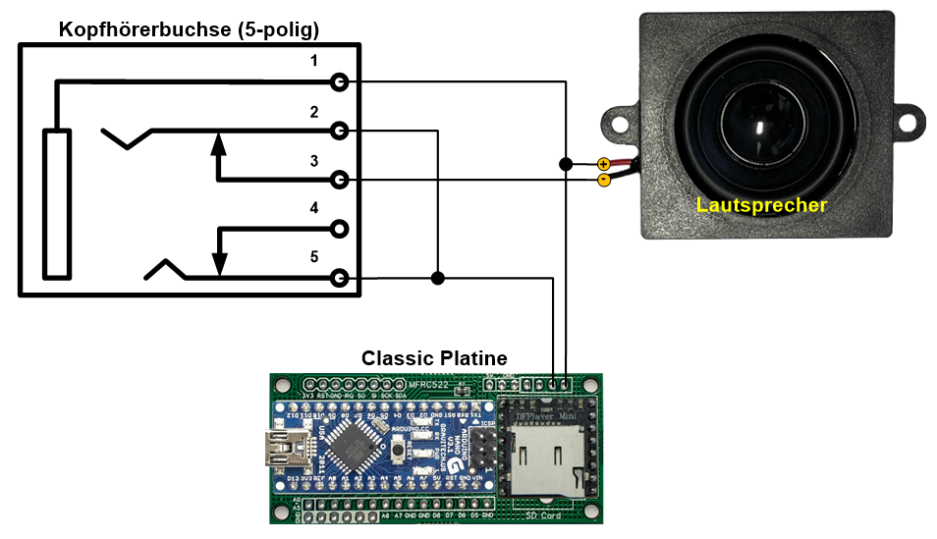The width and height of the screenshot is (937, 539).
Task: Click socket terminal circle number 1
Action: (340, 82)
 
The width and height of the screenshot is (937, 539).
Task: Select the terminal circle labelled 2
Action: (340, 131)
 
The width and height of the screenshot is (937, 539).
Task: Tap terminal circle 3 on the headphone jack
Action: (340, 180)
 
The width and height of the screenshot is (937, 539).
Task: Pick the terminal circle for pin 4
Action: (340, 229)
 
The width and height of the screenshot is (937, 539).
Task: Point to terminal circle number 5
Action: (340, 279)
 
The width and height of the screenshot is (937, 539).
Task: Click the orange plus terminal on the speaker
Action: (603, 164)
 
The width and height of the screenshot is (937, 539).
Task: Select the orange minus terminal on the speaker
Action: (603, 180)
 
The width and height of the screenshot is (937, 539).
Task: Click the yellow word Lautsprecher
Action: (761, 205)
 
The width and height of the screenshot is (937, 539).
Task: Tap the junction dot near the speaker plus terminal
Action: (566, 164)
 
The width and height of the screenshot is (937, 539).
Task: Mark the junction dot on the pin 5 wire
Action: (438, 279)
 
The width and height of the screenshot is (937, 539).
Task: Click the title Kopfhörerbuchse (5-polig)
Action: (190, 29)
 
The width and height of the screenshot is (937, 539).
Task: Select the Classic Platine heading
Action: (434, 358)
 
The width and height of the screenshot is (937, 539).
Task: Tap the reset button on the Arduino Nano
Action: (399, 451)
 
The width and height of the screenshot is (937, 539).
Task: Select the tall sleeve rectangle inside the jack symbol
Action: (57, 203)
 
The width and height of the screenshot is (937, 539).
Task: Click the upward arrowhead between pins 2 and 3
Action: (218, 144)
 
